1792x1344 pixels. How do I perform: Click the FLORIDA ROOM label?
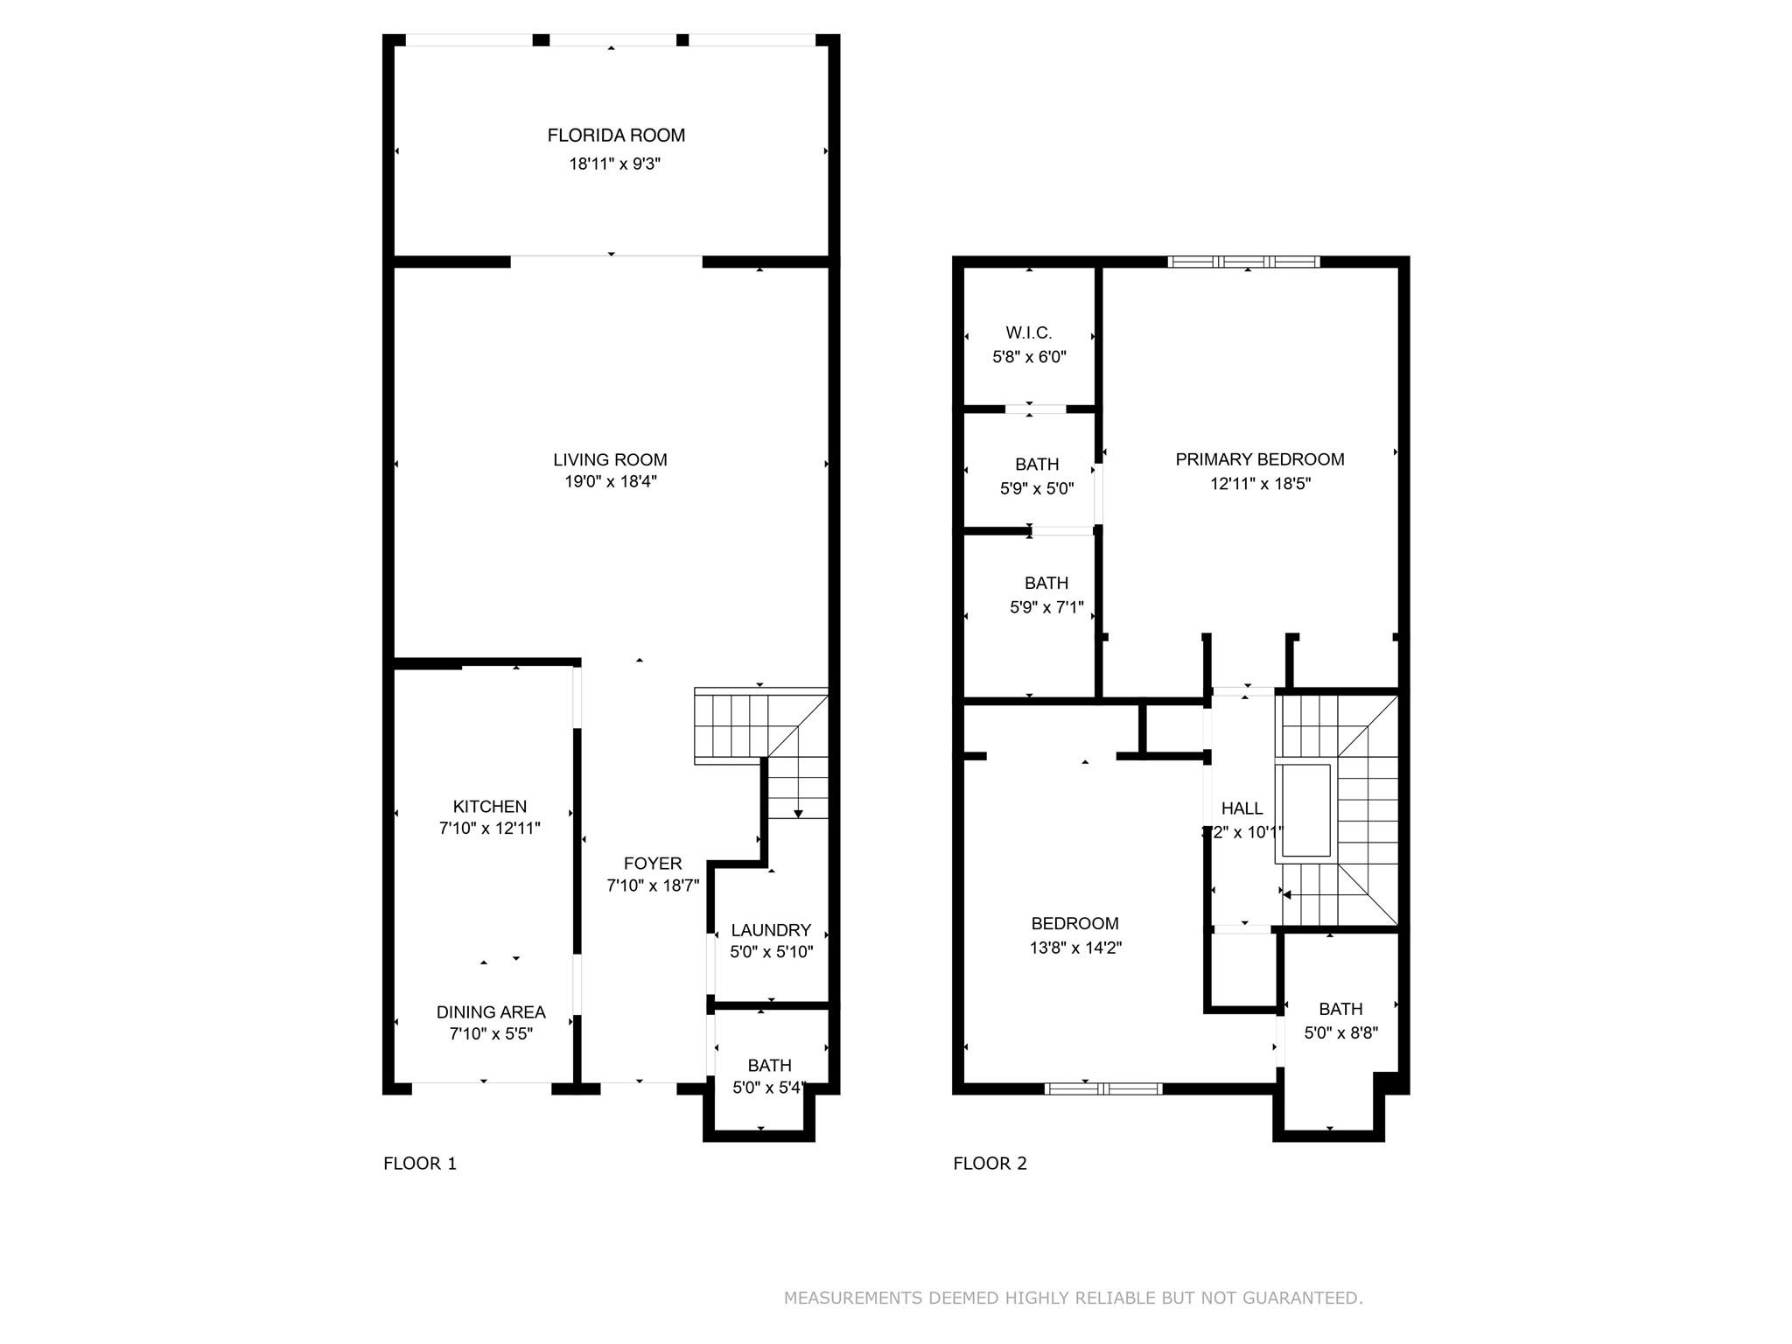point(616,136)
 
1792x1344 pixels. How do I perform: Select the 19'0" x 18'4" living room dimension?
point(611,481)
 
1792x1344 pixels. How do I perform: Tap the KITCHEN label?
point(490,806)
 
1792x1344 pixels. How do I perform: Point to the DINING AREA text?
point(491,1011)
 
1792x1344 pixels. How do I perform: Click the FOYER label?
point(653,864)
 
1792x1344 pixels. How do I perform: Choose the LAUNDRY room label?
point(771,929)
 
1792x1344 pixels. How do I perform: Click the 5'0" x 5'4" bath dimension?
point(769,1088)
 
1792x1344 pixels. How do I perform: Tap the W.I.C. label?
point(1029,332)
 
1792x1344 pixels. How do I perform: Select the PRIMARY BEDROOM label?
point(1259,459)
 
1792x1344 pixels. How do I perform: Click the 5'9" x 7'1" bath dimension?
point(1046,606)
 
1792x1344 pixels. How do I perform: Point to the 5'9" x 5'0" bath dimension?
point(1037,488)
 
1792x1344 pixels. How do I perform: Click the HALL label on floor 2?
point(1242,808)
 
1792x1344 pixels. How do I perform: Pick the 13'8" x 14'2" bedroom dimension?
point(1075,947)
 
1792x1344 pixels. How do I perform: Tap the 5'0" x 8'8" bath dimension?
point(1340,1032)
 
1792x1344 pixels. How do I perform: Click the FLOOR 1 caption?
point(420,1163)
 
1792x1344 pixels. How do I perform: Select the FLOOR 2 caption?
point(990,1163)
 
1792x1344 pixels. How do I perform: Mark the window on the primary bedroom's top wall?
point(1243,261)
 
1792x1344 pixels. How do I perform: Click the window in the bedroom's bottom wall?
point(1102,1088)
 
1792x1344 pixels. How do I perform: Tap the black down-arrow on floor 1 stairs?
point(798,814)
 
